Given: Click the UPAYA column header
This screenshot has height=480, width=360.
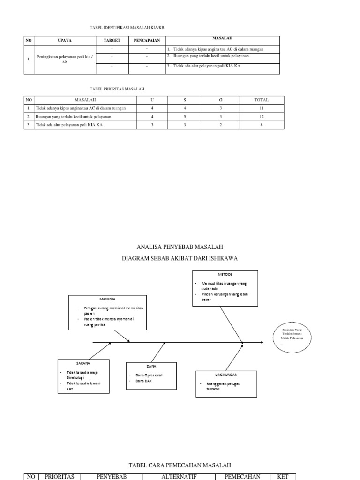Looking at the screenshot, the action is tap(65, 41).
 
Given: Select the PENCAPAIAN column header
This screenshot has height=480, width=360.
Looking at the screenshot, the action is tap(147, 41).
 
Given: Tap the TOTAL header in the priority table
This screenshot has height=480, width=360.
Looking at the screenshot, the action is tap(261, 100).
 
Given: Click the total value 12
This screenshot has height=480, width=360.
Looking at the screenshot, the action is tap(261, 116).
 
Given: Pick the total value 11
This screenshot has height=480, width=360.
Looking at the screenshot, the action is tap(261, 108).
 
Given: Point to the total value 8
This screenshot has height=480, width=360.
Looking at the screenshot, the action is tap(261, 125).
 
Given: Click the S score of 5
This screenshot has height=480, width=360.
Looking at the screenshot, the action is tap(185, 116).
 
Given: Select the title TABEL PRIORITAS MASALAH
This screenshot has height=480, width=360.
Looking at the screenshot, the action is tap(117, 89).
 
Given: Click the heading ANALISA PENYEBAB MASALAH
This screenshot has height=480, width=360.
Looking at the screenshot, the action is tap(180, 247).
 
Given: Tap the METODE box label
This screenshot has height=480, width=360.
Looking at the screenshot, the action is tap(225, 274).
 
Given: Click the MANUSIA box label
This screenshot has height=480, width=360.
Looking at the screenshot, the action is tap(107, 299).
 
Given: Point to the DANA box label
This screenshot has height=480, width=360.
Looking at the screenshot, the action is tap(151, 366).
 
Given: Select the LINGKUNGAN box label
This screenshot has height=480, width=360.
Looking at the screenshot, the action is tap(226, 375).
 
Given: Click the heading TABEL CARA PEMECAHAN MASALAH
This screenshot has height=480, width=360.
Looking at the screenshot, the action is tap(180, 465).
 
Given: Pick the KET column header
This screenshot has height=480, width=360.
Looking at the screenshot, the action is tap(283, 477).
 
